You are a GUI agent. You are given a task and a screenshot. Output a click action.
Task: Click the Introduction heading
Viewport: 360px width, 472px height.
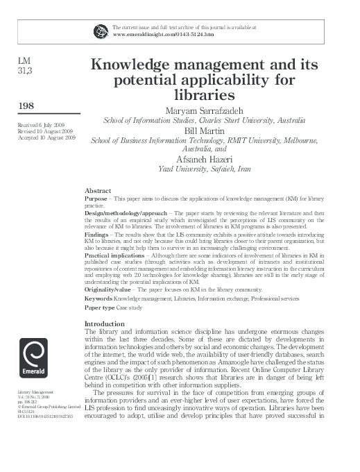pos(104,324)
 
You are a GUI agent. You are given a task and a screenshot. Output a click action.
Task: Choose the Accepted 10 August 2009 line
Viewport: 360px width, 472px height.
pos(42,138)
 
